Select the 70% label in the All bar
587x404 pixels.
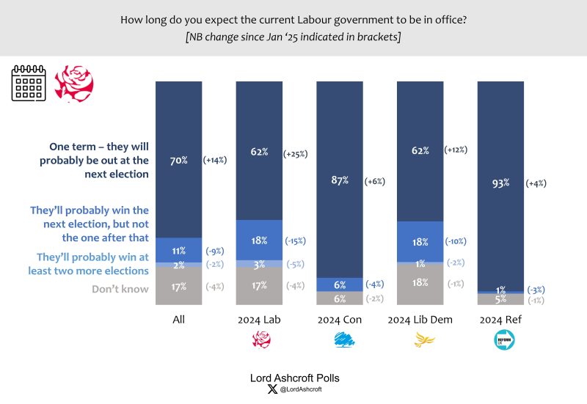pyautogui.click(x=178, y=160)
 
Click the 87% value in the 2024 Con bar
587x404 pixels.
pyautogui.click(x=339, y=180)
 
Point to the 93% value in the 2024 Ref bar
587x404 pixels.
pyautogui.click(x=500, y=185)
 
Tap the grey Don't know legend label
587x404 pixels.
pyautogui.click(x=121, y=289)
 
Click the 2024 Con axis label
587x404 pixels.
pyautogui.click(x=339, y=320)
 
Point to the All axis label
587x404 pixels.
pyautogui.click(x=178, y=320)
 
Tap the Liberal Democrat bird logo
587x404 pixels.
pyautogui.click(x=420, y=339)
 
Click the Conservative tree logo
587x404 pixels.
pyautogui.click(x=339, y=339)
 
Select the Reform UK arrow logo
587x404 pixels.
pyautogui.click(x=500, y=339)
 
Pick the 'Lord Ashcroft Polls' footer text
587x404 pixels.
pyautogui.click(x=293, y=378)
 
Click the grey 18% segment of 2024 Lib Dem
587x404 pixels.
pyautogui.click(x=420, y=283)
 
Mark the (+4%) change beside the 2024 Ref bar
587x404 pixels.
pyautogui.click(x=535, y=185)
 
